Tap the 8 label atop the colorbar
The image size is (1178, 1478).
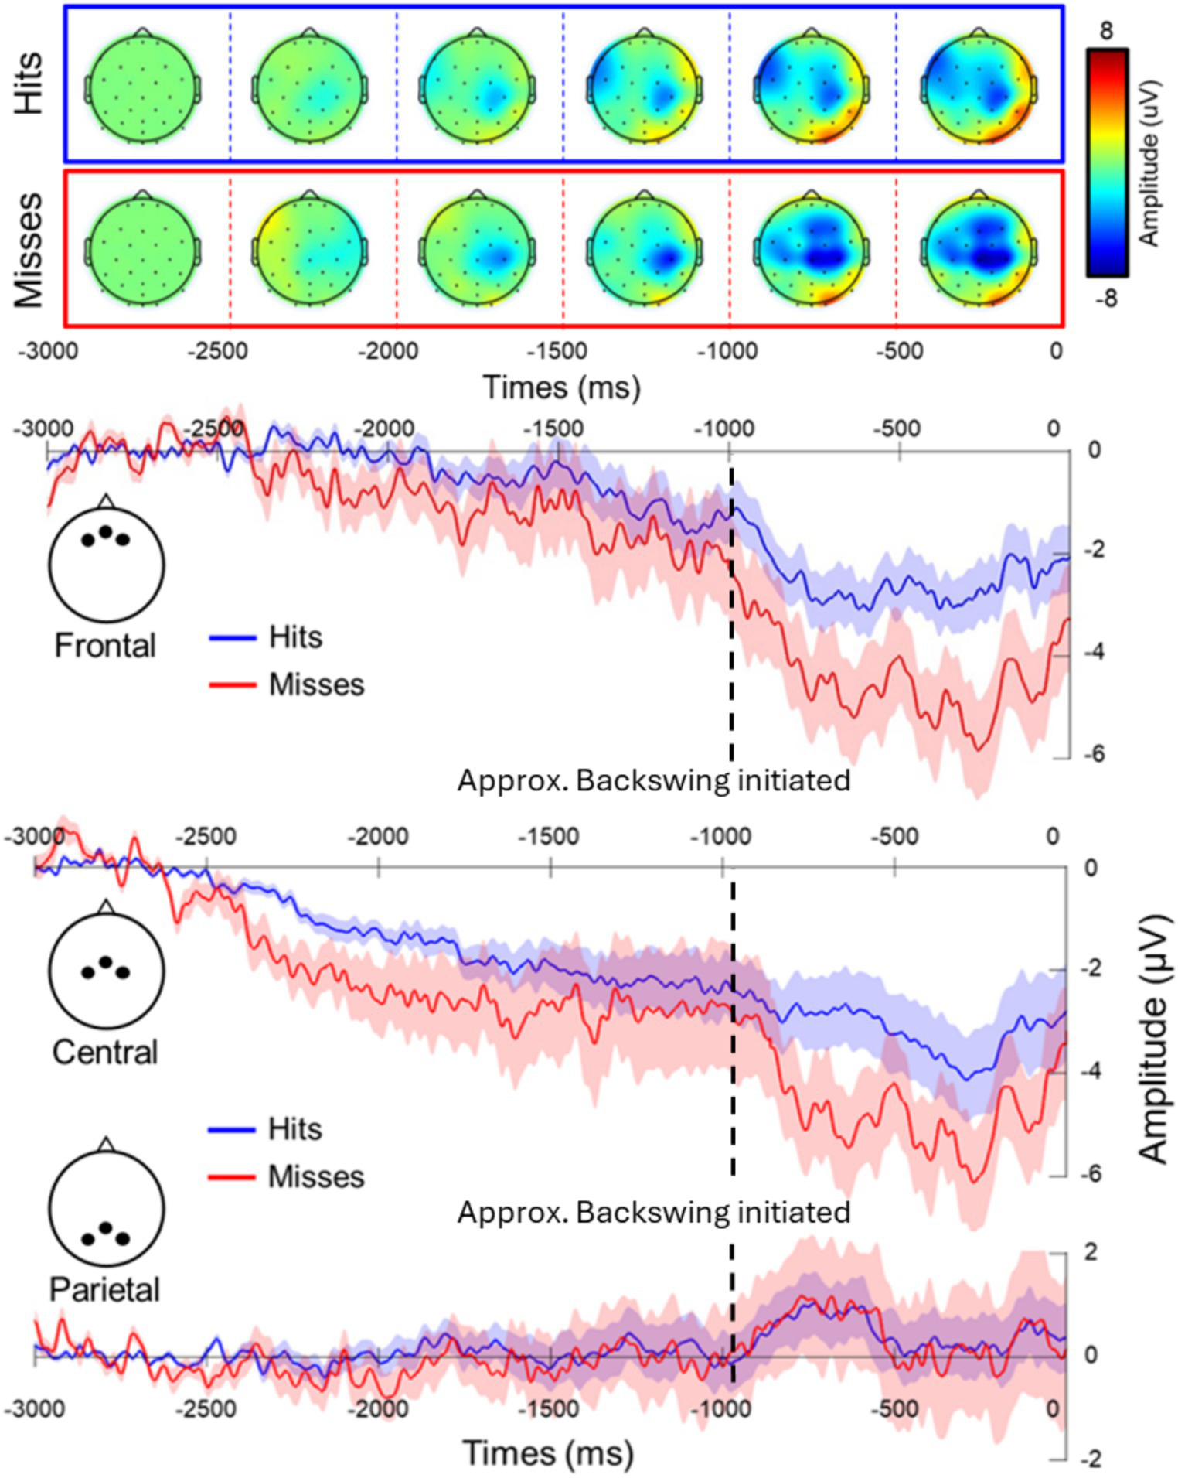[x=1107, y=31]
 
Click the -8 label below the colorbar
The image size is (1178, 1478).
[x=1106, y=299]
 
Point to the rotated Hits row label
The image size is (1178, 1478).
[x=29, y=84]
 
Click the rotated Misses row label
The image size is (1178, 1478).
[x=29, y=250]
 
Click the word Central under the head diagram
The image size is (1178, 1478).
[x=105, y=1053]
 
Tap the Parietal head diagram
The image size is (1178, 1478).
[x=107, y=1207]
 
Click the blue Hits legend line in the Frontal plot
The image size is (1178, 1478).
[x=232, y=638]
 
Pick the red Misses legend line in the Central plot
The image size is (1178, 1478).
[x=232, y=1177]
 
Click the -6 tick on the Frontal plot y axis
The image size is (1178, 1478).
[x=1093, y=754]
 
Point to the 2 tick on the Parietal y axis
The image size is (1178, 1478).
[x=1090, y=1251]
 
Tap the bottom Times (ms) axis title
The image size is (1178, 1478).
[x=548, y=1453]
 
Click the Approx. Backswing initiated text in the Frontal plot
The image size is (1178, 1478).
[x=653, y=780]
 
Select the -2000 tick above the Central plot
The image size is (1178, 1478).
[x=378, y=837]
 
